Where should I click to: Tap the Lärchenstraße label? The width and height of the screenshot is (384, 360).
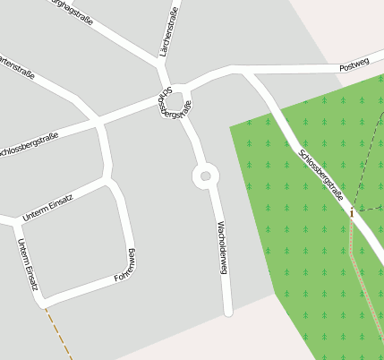168,32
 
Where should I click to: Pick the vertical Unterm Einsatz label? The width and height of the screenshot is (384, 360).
26,265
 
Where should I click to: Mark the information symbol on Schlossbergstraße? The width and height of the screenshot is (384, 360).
353,213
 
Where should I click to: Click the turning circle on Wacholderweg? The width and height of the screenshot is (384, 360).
206,176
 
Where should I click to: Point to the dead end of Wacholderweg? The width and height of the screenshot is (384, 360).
228,311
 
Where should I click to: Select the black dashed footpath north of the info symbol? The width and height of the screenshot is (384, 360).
368,161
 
